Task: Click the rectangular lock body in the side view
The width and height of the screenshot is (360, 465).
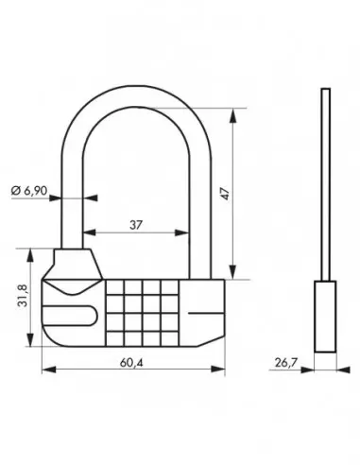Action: pos(325,312)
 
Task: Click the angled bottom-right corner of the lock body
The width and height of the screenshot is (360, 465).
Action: pos(216,336)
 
